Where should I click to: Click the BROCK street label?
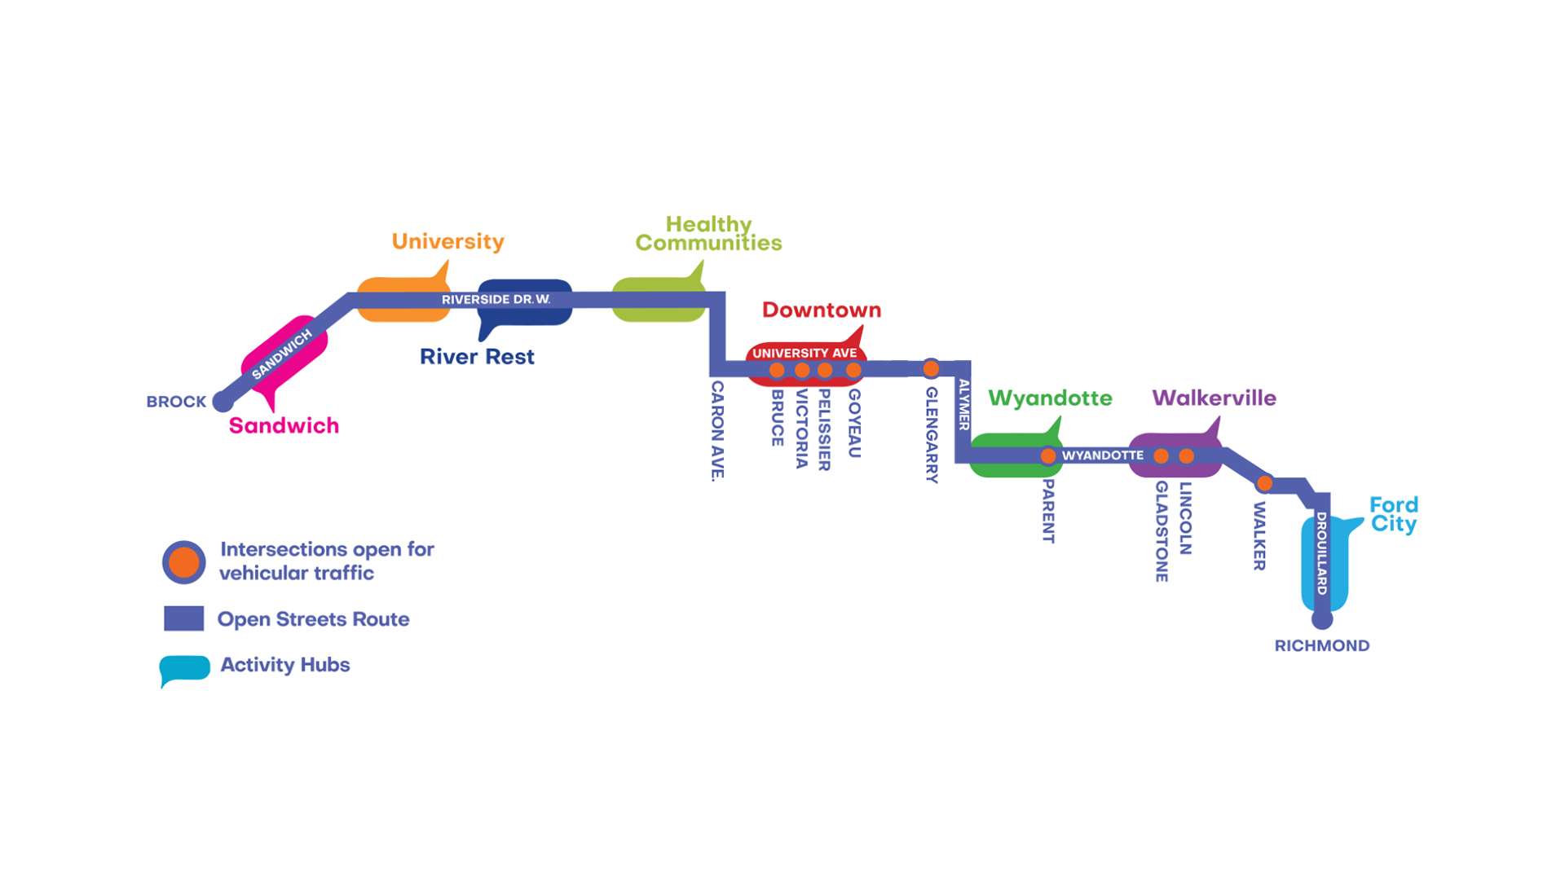point(176,402)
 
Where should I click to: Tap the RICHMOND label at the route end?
point(1321,645)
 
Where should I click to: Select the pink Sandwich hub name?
point(284,425)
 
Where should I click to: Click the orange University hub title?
point(447,241)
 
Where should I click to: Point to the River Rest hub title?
point(477,357)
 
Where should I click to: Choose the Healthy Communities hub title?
point(708,234)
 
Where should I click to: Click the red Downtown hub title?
point(821,310)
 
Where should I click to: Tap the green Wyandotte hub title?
point(1050,398)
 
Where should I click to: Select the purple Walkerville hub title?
point(1214,398)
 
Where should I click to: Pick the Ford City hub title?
point(1394,514)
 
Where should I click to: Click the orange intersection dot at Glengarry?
point(931,368)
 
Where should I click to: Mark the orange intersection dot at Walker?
point(1264,483)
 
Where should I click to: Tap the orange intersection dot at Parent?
point(1048,456)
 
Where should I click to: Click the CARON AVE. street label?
point(717,430)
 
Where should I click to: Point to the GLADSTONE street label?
point(1162,531)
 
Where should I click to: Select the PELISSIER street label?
point(824,429)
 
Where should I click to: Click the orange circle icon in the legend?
point(184,562)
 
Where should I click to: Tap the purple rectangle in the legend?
point(183,618)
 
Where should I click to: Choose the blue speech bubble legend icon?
point(184,668)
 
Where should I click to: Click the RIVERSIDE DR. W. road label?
point(496,300)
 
